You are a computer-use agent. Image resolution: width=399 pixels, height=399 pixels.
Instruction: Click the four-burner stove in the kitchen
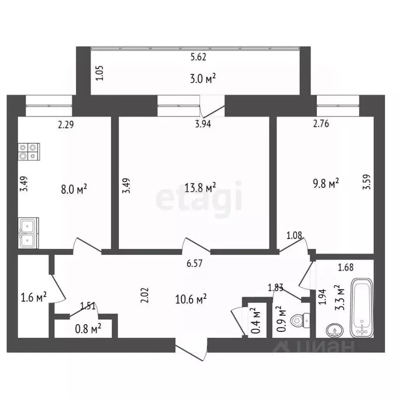click(29, 152)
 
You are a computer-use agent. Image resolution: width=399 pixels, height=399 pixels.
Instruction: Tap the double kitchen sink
click(28, 233)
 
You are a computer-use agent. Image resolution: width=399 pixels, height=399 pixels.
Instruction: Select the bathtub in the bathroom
click(362, 308)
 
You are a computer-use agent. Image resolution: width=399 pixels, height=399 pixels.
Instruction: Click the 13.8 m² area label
click(200, 188)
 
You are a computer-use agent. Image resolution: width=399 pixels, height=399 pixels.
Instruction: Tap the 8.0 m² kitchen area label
click(74, 190)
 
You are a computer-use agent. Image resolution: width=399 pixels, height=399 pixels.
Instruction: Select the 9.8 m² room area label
click(326, 183)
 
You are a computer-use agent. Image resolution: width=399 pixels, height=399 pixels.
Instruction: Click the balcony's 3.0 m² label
click(203, 78)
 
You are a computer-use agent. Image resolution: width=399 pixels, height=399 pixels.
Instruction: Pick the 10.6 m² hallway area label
click(191, 299)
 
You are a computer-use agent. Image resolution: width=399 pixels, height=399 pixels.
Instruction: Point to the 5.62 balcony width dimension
click(198, 57)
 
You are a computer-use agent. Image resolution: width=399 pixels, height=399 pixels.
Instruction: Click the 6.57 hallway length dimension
click(195, 263)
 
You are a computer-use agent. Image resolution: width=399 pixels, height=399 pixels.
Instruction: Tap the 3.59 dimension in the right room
click(367, 182)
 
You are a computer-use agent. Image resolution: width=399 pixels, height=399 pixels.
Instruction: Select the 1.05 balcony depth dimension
click(100, 73)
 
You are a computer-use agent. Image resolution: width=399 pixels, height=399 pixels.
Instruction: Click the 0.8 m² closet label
click(88, 329)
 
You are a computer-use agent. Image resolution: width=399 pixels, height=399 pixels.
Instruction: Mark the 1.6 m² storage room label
click(34, 297)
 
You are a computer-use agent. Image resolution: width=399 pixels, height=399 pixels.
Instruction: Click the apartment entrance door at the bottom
click(191, 350)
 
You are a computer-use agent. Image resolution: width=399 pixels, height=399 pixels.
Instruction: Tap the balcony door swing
click(212, 106)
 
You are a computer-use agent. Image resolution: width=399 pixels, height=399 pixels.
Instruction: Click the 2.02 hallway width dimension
click(144, 295)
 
